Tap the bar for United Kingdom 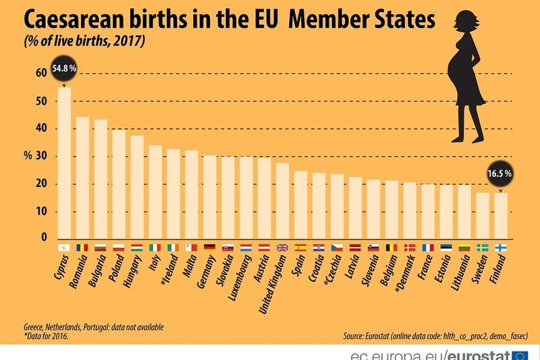click(283, 201)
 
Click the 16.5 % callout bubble click(500, 174)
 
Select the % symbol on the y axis click(28, 156)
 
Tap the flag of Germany click(210, 248)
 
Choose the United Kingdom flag click(283, 248)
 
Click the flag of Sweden click(483, 248)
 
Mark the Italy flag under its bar click(155, 248)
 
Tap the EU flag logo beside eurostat click(520, 354)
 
